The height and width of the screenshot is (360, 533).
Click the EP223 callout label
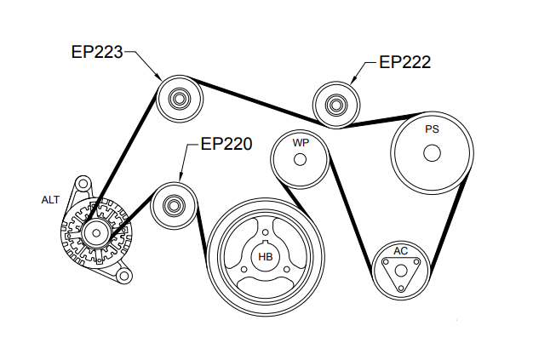tap(97, 52)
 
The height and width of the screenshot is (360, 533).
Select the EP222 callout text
tap(404, 62)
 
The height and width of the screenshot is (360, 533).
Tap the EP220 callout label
tap(226, 144)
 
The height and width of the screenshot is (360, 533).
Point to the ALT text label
tap(51, 200)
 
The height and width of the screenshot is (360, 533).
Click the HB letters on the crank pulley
tap(266, 256)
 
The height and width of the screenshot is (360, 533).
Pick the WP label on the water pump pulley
tap(300, 143)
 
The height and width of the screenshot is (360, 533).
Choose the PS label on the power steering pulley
tap(432, 130)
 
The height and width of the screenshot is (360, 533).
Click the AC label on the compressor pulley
tap(400, 251)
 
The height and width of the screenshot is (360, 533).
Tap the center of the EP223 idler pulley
tap(180, 100)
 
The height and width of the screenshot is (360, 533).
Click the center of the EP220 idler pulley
tap(174, 205)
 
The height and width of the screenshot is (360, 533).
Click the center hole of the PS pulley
tap(432, 154)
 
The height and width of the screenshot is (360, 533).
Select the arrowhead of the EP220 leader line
tap(180, 181)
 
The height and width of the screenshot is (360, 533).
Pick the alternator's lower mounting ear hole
tap(124, 276)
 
